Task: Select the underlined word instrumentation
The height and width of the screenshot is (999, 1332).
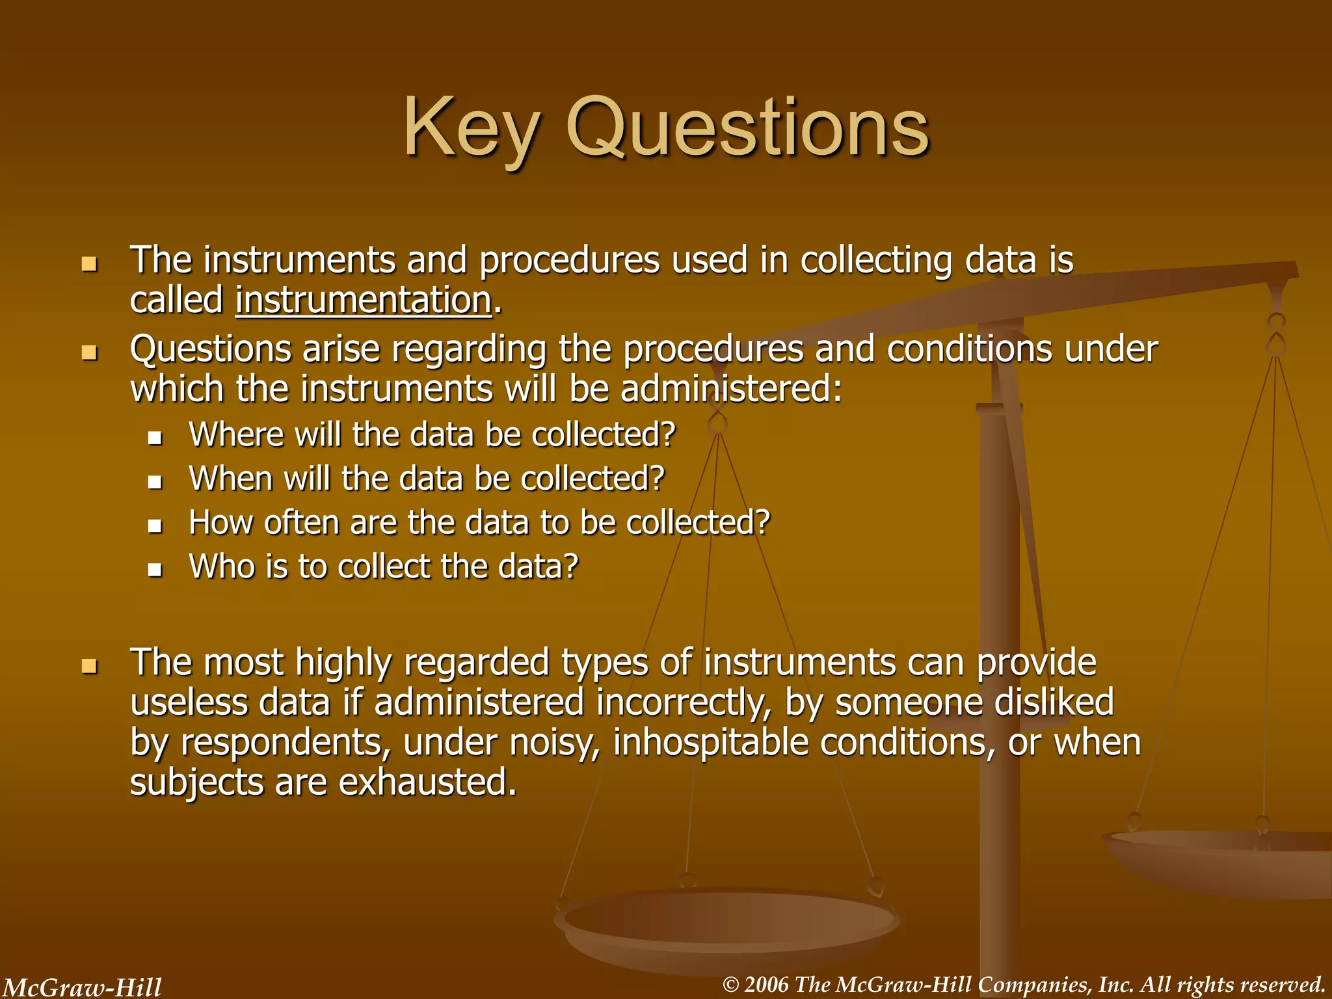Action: coord(364,300)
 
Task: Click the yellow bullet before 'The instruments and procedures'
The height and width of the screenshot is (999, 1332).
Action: coord(89,264)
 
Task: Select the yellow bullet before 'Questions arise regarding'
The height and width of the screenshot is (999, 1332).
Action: coord(89,353)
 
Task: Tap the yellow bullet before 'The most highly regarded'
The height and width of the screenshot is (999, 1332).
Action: coord(89,666)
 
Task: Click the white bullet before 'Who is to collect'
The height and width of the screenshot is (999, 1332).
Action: coord(155,570)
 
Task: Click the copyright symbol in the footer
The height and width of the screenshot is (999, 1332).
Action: coord(731,985)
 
